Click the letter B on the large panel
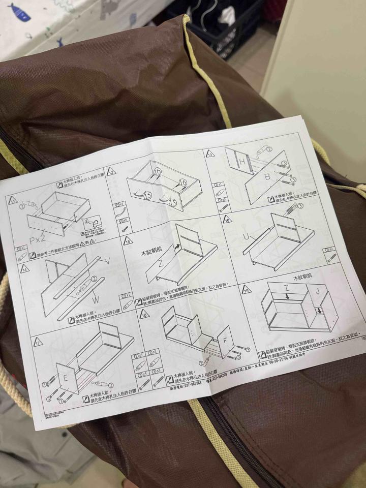click(x=268, y=177)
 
